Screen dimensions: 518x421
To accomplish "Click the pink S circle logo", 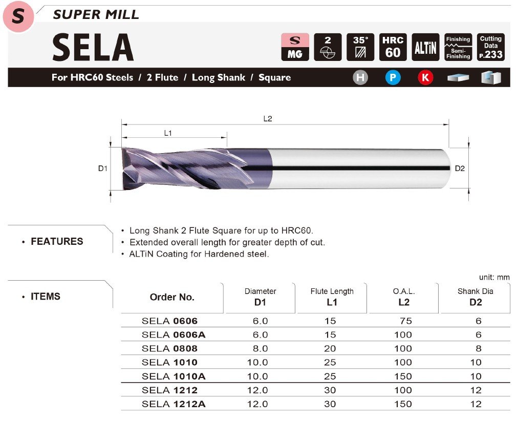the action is coord(18,16).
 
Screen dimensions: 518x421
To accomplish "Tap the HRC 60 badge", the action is coord(393,47).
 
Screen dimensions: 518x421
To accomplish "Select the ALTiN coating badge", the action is coord(425,47).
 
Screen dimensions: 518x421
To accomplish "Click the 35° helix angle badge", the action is coord(360,47).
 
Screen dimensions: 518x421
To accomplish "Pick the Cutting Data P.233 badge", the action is coord(491,47).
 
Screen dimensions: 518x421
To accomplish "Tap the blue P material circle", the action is coord(393,78).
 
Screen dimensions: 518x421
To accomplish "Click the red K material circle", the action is coord(425,78).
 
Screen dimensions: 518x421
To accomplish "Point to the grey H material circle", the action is coord(360,78).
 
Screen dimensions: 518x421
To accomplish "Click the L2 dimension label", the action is coord(268,119).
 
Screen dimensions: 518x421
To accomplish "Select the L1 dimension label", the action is coord(168,133).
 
